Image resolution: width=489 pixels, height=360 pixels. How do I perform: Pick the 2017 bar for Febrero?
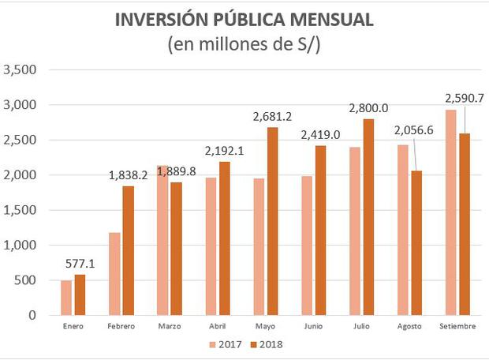click(115, 273)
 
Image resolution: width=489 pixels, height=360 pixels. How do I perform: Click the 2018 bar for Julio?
click(369, 217)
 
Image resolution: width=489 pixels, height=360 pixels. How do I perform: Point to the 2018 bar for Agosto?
click(417, 243)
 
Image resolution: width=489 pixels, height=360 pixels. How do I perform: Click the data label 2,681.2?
click(274, 116)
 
